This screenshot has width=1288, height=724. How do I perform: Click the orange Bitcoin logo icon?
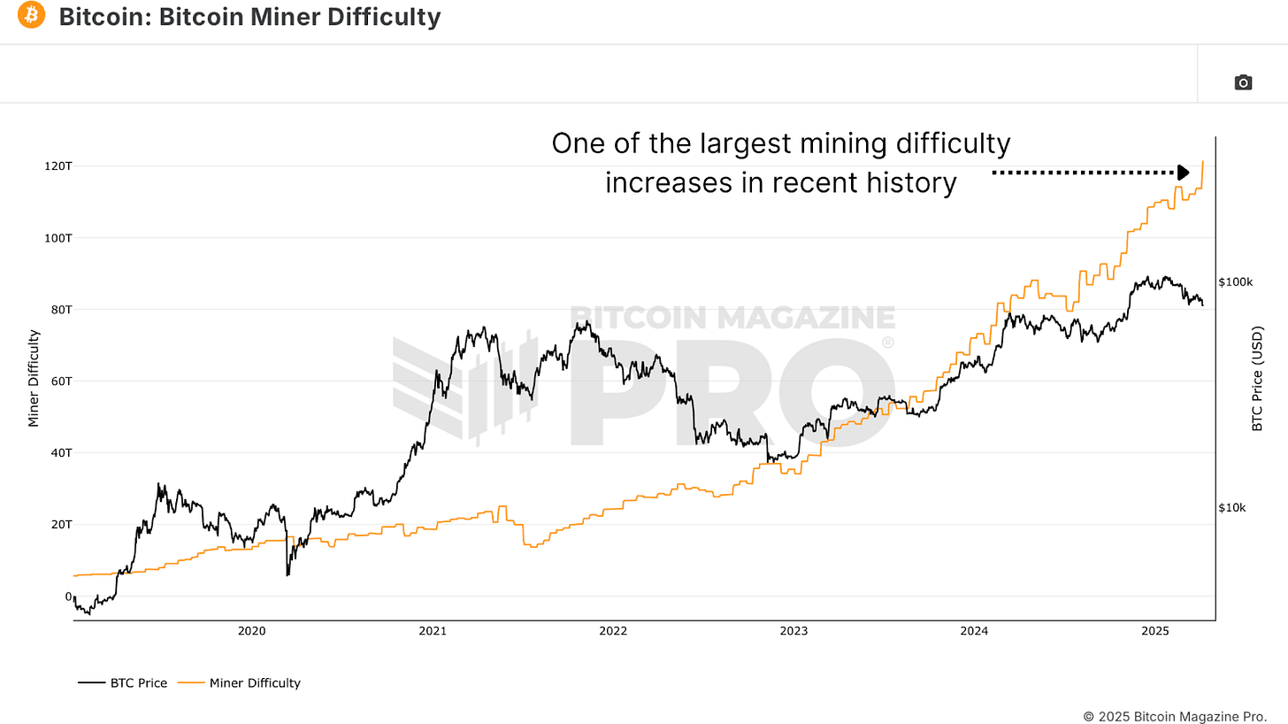(31, 15)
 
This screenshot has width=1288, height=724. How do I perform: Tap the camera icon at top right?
(1243, 82)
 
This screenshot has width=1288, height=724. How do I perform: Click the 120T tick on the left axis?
(60, 166)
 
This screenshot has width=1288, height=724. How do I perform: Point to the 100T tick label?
(60, 238)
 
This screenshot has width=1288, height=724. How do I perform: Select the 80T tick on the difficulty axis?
(62, 310)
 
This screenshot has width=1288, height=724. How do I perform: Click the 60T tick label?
(62, 381)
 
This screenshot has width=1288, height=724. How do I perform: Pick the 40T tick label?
(62, 453)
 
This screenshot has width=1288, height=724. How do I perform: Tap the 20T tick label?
(62, 524)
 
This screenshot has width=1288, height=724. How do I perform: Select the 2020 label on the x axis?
(252, 631)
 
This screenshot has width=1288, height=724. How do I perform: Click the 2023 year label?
(793, 631)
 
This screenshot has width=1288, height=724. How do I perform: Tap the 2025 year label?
(1155, 631)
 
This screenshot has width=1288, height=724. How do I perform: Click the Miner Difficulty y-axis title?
(34, 378)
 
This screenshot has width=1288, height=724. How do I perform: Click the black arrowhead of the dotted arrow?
(1184, 173)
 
